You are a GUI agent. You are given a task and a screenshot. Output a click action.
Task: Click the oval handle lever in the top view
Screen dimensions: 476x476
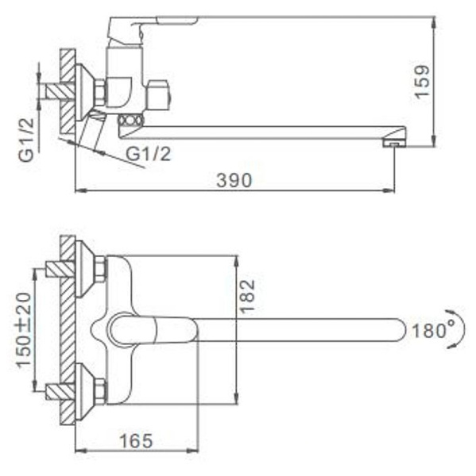[x=143, y=329]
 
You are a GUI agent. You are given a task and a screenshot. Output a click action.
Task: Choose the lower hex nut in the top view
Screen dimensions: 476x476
[x=99, y=389]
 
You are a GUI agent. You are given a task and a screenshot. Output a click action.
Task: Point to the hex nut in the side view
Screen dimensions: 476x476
[x=99, y=92]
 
